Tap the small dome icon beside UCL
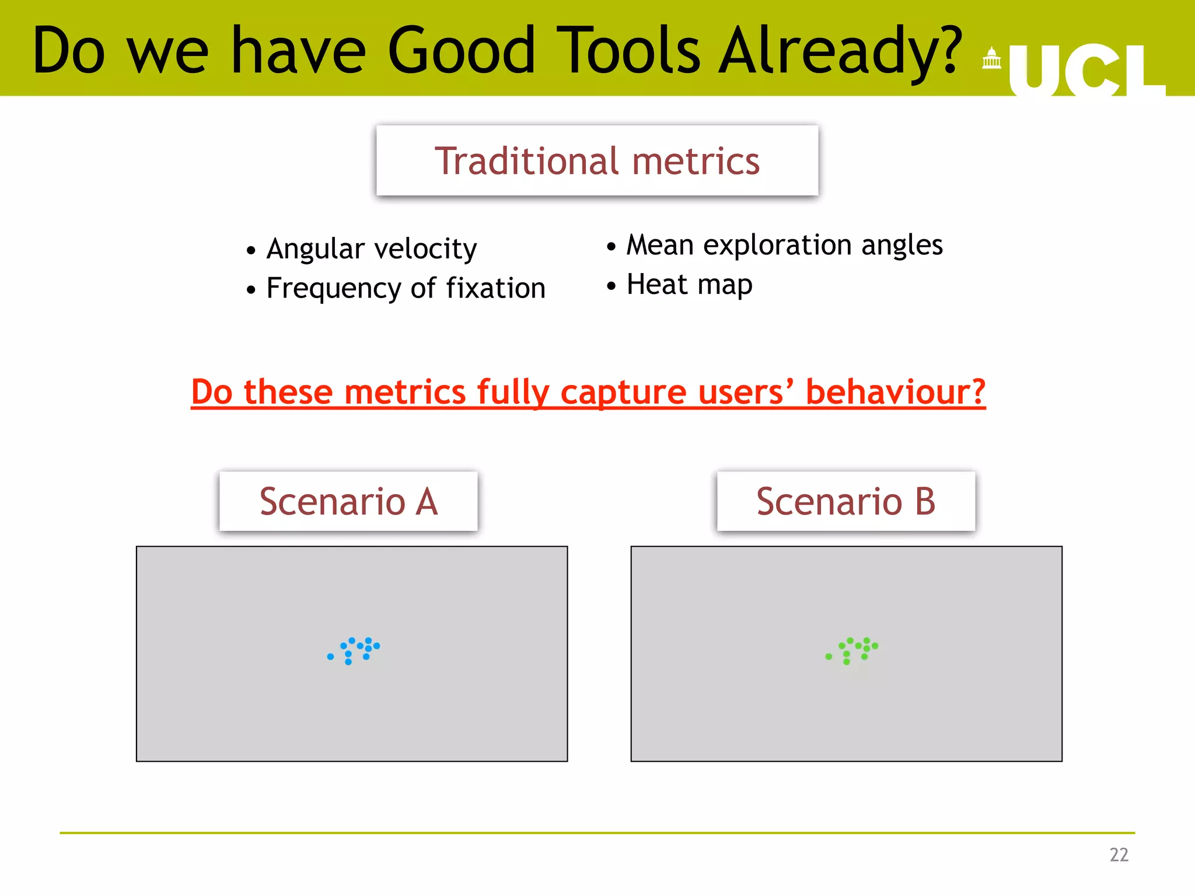tap(991, 58)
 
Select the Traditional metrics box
tap(597, 160)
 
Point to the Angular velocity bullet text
tap(371, 249)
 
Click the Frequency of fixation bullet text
tap(406, 288)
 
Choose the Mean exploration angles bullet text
tap(784, 245)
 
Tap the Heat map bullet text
tap(689, 285)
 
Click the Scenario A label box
tap(348, 501)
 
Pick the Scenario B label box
tap(845, 501)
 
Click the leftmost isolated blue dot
tap(330, 657)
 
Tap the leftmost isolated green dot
tap(829, 657)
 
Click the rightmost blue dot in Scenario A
tap(377, 646)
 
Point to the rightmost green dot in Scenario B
tap(875, 646)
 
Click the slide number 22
tap(1119, 855)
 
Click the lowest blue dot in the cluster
tap(348, 662)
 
